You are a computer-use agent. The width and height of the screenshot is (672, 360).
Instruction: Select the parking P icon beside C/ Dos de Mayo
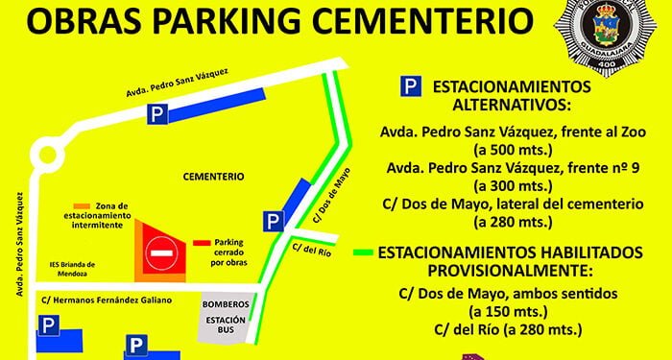tap(275, 222)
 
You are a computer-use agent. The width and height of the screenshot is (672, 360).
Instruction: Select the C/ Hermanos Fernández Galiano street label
tap(107, 300)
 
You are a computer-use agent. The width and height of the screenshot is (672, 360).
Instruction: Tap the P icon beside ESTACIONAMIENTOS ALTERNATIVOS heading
tap(410, 87)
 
